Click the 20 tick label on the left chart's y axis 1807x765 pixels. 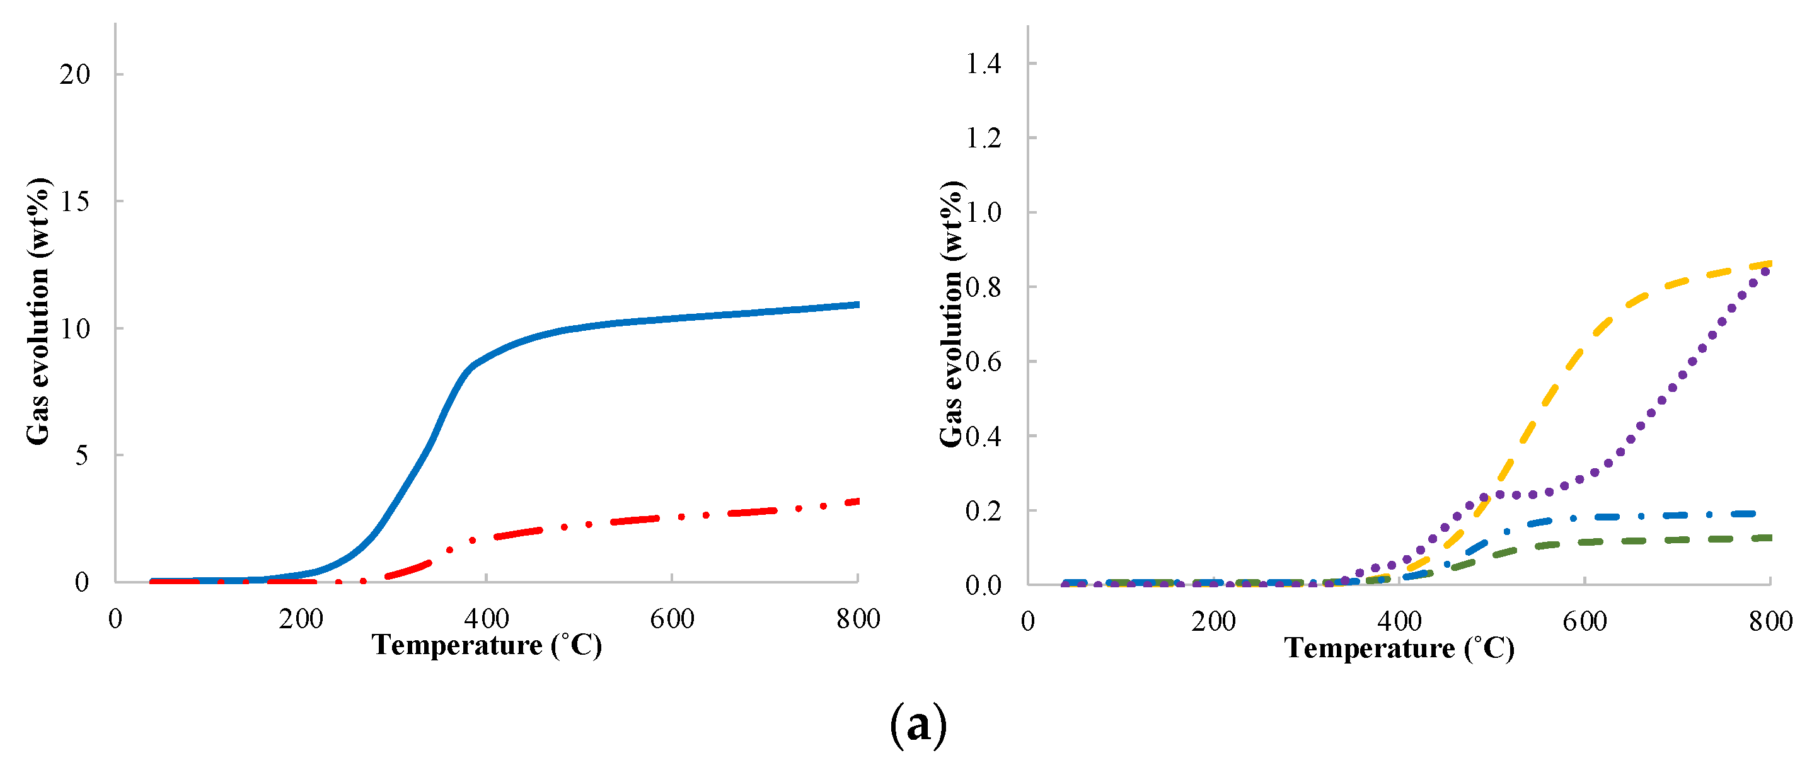[x=75, y=74]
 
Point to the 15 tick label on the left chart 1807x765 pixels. [x=75, y=202]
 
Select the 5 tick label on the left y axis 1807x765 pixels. [x=82, y=456]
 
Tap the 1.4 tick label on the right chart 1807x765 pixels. [x=983, y=64]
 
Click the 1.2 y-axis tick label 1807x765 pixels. [x=983, y=138]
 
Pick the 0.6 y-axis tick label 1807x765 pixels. [x=983, y=362]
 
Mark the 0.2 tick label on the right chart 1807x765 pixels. [x=983, y=511]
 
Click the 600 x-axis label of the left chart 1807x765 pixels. [x=672, y=619]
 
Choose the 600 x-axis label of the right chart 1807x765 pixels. [x=1585, y=621]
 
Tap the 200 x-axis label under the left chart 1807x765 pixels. [x=301, y=619]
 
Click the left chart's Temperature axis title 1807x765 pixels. [x=486, y=646]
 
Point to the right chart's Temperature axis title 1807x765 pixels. [x=1399, y=648]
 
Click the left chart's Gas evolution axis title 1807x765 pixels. [x=38, y=311]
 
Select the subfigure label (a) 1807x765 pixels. [x=918, y=726]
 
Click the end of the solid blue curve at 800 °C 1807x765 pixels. [x=857, y=304]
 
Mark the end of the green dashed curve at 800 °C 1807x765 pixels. [x=1769, y=538]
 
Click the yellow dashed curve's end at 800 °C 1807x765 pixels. [x=1769, y=263]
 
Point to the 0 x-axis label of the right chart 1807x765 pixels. [x=1027, y=621]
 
